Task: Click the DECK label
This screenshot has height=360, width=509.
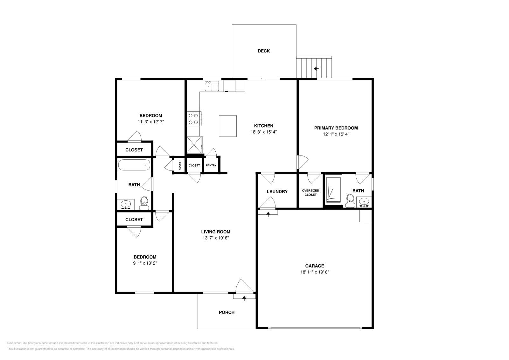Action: pos(263,51)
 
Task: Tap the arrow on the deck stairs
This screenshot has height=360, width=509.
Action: pos(316,69)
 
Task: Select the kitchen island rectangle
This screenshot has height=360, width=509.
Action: pos(227,126)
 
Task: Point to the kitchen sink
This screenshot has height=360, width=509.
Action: pos(212,86)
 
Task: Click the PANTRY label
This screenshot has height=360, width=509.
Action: pos(211,165)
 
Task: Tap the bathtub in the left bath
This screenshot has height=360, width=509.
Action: pos(134,165)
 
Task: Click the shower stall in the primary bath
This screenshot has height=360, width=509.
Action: pos(333,189)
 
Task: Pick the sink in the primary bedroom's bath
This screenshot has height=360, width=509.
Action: pos(364,201)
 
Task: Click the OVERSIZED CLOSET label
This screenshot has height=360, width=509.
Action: pos(310,192)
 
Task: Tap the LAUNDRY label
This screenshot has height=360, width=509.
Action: pos(277,191)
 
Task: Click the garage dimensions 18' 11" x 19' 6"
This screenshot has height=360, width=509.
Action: pos(314,272)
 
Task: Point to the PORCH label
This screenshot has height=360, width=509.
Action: pos(227,312)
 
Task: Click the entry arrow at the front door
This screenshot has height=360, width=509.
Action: pos(244,298)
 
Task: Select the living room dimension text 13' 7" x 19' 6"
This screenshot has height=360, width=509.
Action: pos(215,238)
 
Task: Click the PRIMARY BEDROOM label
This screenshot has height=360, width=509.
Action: pos(336,128)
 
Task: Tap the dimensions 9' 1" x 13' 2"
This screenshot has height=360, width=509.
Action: pos(145,263)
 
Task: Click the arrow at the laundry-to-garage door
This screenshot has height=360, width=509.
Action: pos(268,214)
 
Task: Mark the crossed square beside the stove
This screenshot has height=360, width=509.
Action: pos(194,145)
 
